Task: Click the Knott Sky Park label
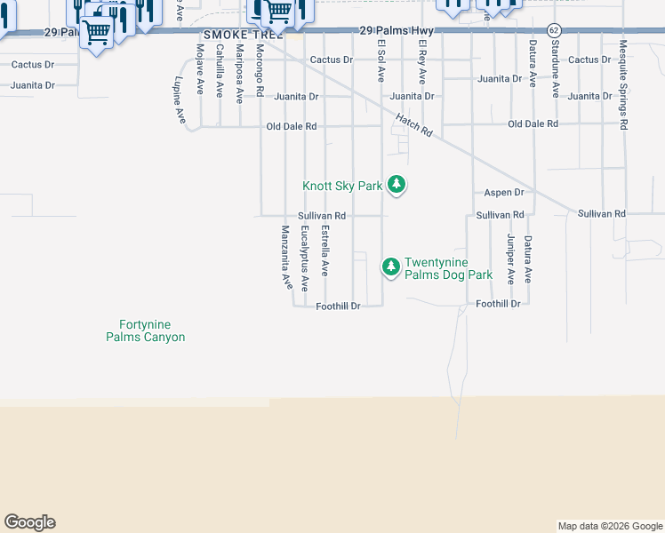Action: [342, 186]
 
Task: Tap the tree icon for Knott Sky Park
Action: [397, 186]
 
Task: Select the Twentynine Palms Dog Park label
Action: [448, 268]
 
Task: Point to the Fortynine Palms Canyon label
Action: [145, 330]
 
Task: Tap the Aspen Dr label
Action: [504, 192]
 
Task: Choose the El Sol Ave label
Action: [381, 57]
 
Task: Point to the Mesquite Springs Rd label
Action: [623, 85]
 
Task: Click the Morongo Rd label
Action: [260, 68]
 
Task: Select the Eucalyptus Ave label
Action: [305, 259]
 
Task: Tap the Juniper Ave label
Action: [510, 259]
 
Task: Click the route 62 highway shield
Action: [554, 30]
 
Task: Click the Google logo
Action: [29, 522]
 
